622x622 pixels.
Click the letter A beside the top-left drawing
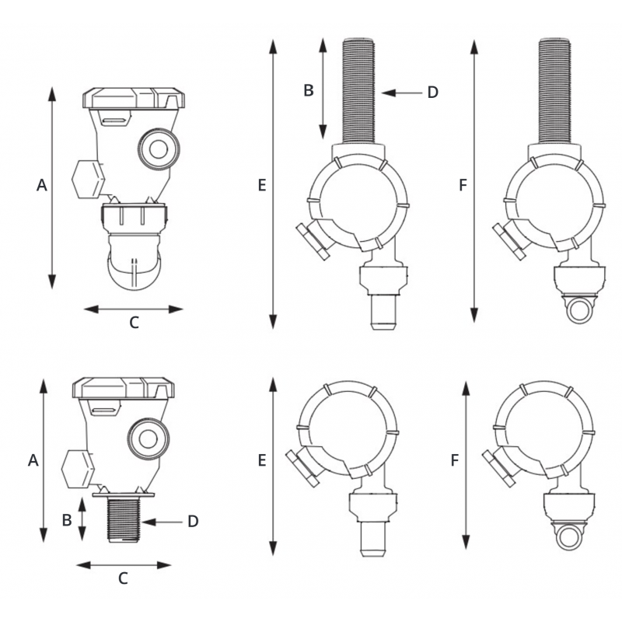(42, 185)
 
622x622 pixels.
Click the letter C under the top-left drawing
(134, 323)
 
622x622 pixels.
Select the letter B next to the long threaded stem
(309, 90)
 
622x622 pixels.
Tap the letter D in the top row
(433, 93)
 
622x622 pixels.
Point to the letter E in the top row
(262, 185)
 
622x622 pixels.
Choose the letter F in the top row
(463, 185)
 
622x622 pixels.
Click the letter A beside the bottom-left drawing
(33, 460)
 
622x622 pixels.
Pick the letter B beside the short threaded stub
(67, 520)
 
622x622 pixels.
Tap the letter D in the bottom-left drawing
(193, 521)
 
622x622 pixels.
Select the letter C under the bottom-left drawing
(123, 578)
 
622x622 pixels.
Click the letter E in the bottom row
(262, 460)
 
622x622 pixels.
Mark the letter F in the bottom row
(455, 460)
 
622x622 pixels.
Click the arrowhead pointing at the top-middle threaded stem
(389, 93)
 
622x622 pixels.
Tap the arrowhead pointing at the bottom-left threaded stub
(149, 522)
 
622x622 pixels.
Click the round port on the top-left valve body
(159, 149)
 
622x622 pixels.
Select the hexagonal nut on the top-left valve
(88, 180)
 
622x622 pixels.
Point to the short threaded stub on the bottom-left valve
(124, 520)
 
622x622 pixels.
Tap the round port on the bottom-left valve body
(149, 439)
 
